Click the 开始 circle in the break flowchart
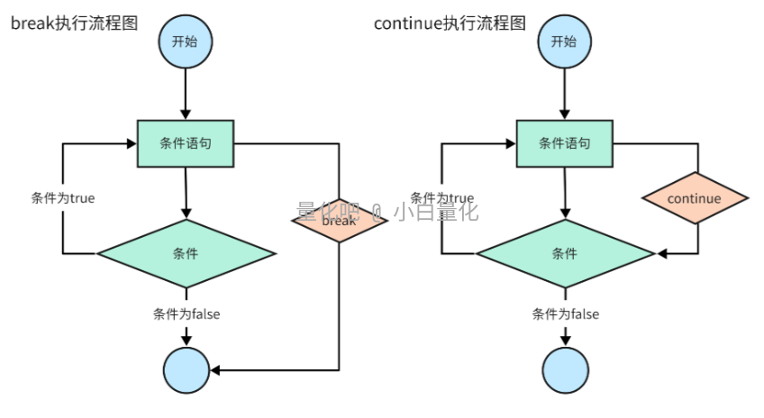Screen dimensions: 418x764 point(185,41)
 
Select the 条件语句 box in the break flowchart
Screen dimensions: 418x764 point(185,143)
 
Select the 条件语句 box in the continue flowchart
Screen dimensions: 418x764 point(565,143)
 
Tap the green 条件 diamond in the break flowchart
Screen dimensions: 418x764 point(186,253)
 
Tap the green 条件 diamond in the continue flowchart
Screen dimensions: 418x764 point(565,253)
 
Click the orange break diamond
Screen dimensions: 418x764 point(339,220)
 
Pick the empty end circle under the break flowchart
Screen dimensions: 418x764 point(186,370)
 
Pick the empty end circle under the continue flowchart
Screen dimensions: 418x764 point(566,370)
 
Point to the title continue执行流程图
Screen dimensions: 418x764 point(450,23)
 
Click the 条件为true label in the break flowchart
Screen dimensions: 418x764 point(63,198)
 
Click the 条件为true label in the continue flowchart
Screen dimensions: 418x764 point(441,198)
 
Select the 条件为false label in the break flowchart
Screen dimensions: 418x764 point(186,314)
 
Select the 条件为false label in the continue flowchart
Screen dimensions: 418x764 point(566,314)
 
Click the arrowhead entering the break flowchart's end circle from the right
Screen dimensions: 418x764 point(217,370)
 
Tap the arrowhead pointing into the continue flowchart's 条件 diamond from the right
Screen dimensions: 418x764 point(662,254)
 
